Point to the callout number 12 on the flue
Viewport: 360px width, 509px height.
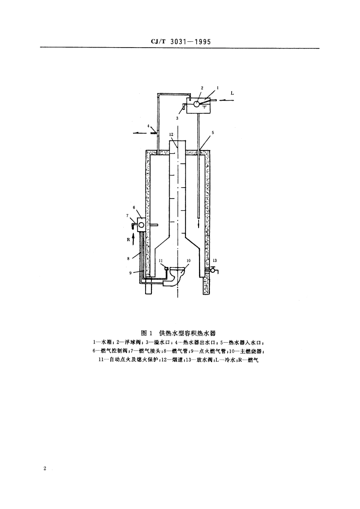point(171,135)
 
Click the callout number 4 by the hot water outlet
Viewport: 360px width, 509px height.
point(148,126)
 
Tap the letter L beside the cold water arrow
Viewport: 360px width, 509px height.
point(233,93)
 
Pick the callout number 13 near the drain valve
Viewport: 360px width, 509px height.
point(214,261)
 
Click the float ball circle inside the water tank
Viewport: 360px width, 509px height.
point(196,104)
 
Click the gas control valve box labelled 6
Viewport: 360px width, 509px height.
point(141,224)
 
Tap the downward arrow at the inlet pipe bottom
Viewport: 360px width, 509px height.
point(199,224)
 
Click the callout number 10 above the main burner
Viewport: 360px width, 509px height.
point(189,261)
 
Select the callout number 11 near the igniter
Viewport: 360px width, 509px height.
point(161,261)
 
